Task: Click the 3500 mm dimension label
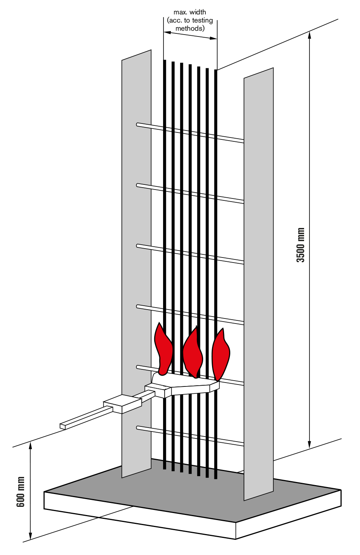click(x=301, y=245)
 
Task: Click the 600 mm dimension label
click(x=21, y=492)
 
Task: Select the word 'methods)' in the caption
click(x=190, y=28)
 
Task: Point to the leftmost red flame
click(x=163, y=350)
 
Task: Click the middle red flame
click(x=193, y=353)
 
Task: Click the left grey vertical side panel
click(x=136, y=264)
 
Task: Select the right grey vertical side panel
click(x=258, y=284)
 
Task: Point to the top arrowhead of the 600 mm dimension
click(x=30, y=445)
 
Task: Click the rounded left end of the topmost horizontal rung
click(x=138, y=124)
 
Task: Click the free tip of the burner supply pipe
click(x=62, y=426)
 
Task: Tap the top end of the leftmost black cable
click(x=165, y=61)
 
